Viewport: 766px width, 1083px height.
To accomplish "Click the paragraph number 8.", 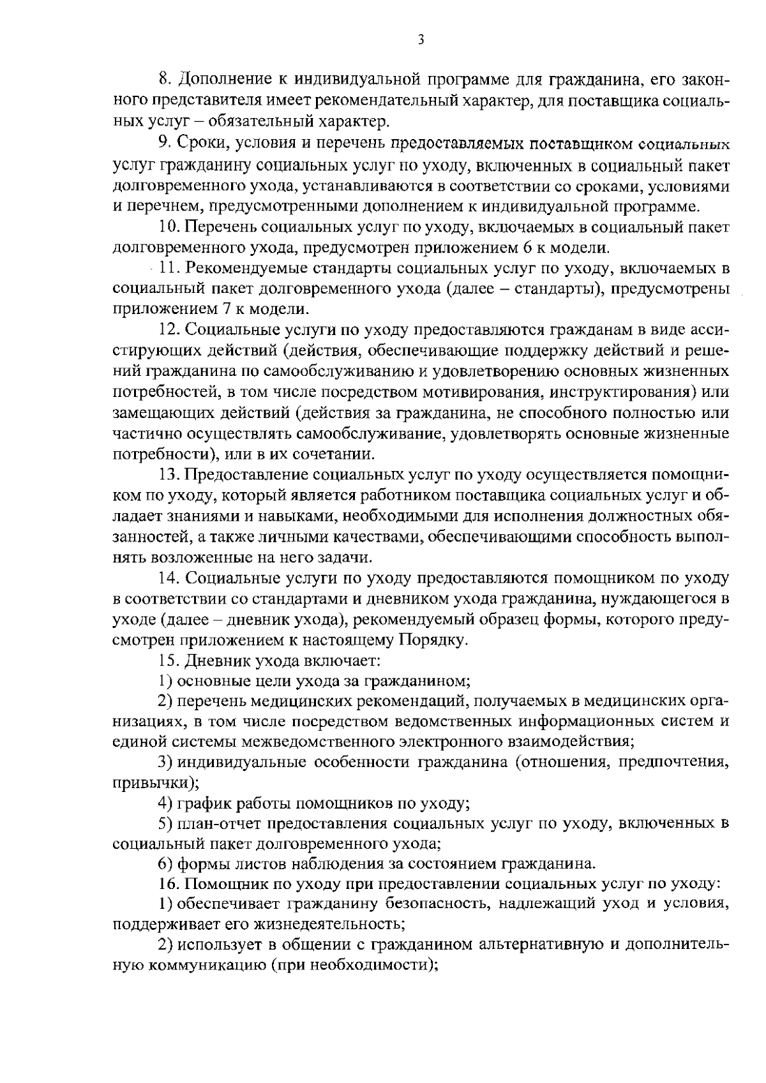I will [x=162, y=79].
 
